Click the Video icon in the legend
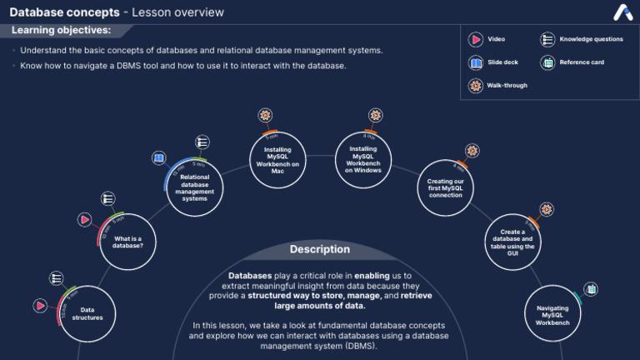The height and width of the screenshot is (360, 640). pos(475,39)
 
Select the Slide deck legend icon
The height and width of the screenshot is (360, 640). pos(475,62)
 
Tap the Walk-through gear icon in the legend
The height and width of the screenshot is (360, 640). pos(475,85)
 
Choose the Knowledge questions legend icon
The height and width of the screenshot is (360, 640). pos(547,39)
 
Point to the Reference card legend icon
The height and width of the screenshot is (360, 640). pos(547,62)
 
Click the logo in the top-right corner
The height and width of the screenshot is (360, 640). pos(622,12)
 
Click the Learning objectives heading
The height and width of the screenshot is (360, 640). pos(61,30)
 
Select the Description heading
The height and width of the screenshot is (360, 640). pos(320,249)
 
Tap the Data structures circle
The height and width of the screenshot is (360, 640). pos(92,313)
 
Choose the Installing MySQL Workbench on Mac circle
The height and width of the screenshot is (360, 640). pos(277,159)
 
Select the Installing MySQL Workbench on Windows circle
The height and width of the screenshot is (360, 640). pos(363,159)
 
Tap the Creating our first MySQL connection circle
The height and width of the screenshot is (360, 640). pos(445,187)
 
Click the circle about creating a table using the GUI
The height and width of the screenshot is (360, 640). pos(512,242)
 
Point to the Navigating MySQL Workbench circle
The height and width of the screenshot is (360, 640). pos(552,313)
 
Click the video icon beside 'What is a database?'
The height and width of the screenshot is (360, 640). pos(84,220)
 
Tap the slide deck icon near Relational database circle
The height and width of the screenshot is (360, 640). pos(159,157)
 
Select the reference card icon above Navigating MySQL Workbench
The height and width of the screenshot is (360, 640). pos(591,289)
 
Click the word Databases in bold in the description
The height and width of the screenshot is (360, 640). pos(249,275)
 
